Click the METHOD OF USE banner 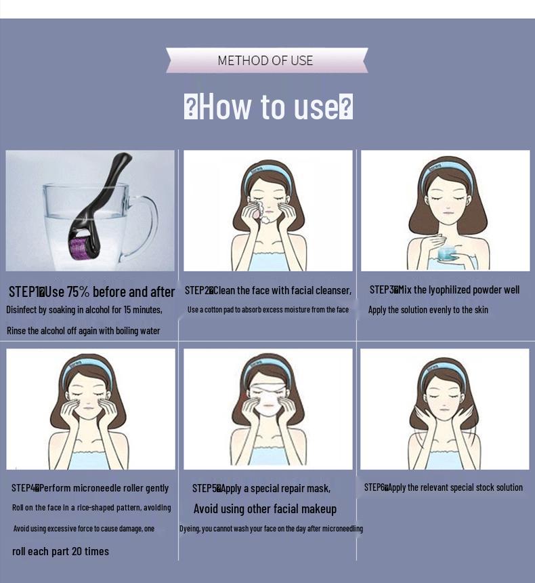(265, 60)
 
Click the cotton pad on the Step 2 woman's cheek (263, 216)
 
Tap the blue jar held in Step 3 (446, 253)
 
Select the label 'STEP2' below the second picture (197, 291)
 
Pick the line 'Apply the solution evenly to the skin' (428, 310)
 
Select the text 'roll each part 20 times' (60, 551)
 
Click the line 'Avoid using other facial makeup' (265, 508)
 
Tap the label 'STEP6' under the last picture (375, 487)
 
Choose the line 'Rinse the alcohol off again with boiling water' (83, 331)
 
